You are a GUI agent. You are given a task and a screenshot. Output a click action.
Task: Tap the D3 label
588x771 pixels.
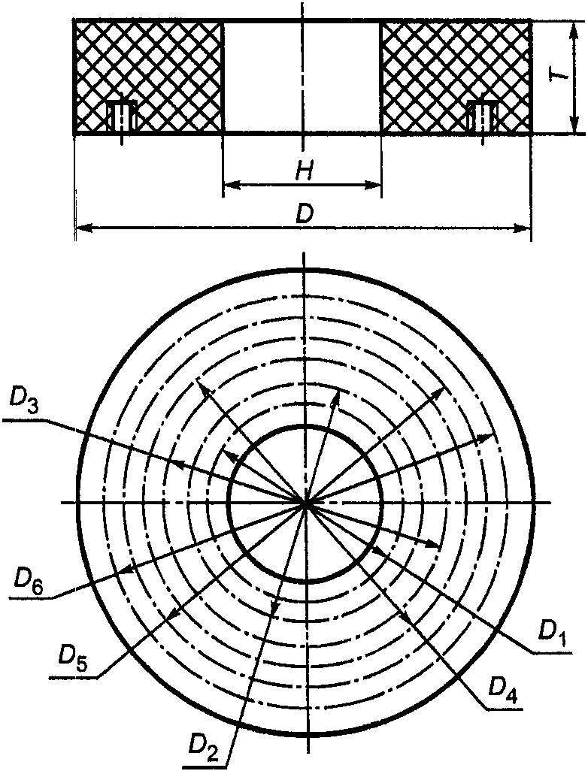coord(25,400)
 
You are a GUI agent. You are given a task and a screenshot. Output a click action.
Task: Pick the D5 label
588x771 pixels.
coord(73,656)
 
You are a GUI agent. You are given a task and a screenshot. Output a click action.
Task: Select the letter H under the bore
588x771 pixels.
coord(303,172)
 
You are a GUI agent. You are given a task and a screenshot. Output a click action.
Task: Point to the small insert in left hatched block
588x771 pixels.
coord(120,116)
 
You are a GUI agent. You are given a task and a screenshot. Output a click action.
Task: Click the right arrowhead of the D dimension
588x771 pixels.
coord(524,226)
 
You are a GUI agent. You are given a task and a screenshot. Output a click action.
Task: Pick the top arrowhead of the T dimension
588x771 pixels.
coord(574,28)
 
